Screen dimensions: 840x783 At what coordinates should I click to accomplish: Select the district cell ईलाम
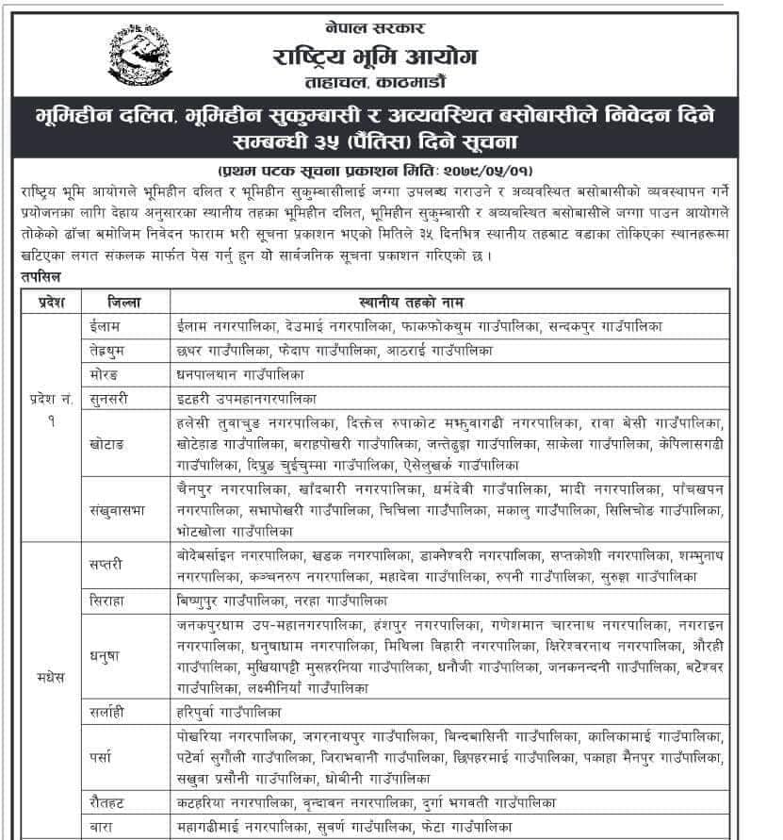(x=104, y=325)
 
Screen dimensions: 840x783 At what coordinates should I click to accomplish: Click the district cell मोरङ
(x=104, y=374)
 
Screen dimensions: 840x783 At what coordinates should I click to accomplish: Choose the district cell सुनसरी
(x=108, y=399)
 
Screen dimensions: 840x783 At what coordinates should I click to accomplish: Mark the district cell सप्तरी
(x=106, y=563)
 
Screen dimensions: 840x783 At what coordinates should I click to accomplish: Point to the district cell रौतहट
(x=106, y=802)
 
